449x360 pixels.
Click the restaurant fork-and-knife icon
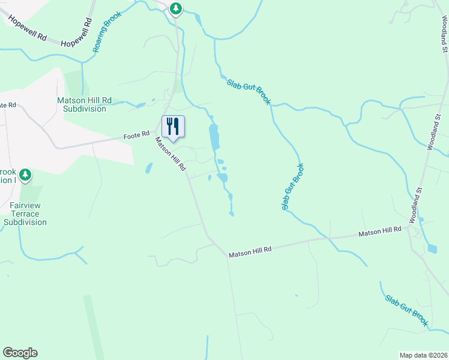coord(173,126)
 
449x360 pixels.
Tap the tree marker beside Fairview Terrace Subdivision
coord(25,175)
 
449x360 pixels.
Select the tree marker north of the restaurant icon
coord(175,8)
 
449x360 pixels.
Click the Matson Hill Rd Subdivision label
coord(81,104)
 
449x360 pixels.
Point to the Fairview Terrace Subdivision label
coord(25,214)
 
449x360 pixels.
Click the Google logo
coord(20,353)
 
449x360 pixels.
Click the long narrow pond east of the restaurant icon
coord(214,137)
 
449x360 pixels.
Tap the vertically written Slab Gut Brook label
coord(292,187)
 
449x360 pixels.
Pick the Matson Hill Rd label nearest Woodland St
coord(380,231)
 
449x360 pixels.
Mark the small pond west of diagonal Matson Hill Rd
coord(148,169)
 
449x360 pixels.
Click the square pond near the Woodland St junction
coord(432,248)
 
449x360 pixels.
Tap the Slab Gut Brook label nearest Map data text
coord(406,311)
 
